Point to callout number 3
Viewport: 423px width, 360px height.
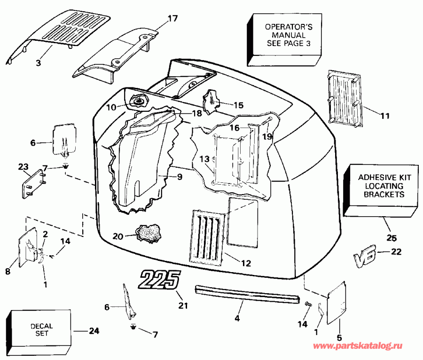(x=39, y=62)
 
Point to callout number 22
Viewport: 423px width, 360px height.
(x=396, y=252)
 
